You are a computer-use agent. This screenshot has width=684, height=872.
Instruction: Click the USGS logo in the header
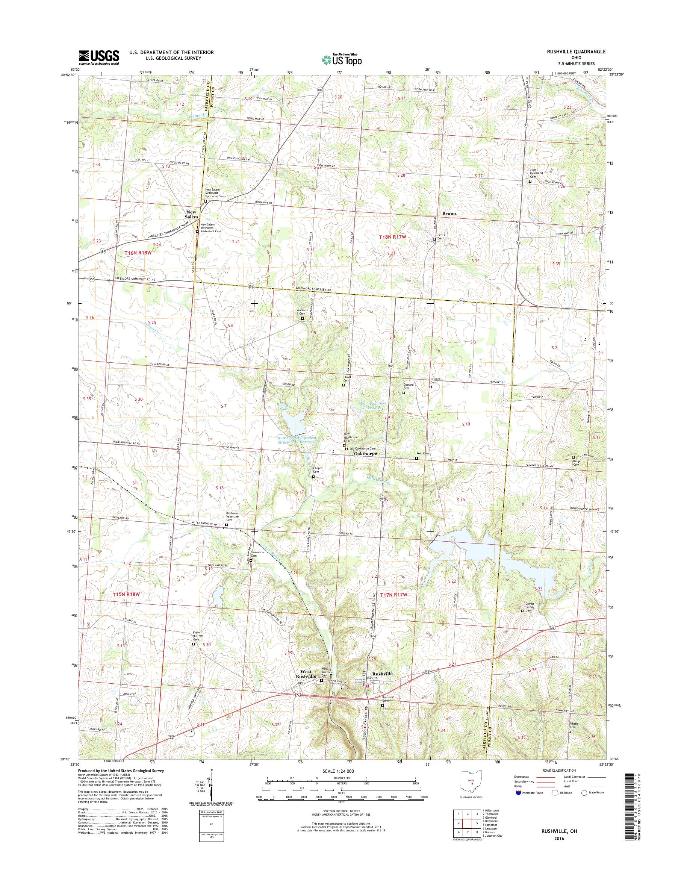click(x=98, y=57)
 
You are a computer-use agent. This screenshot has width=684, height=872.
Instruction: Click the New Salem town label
click(x=191, y=214)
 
